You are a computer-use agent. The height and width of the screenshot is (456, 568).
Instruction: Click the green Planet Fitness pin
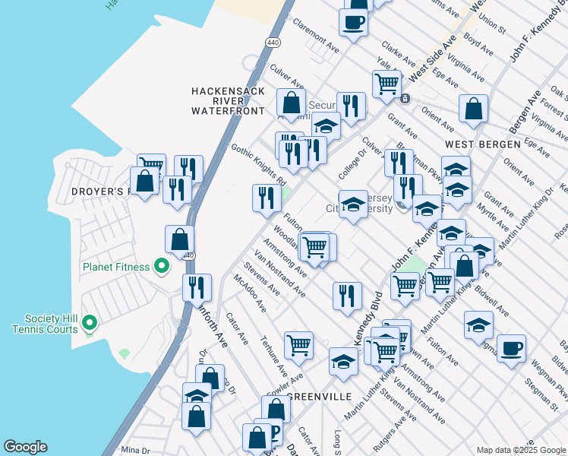161,266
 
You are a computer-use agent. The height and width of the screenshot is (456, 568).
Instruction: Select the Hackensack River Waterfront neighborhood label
228,100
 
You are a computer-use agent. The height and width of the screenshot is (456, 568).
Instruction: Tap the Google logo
25,447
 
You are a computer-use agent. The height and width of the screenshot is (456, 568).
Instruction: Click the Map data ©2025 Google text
521,450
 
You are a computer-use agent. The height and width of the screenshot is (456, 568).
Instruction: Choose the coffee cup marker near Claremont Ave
353,21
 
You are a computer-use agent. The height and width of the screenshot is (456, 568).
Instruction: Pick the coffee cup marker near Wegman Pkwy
511,348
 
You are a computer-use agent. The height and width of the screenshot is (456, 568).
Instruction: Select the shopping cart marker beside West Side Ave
387,82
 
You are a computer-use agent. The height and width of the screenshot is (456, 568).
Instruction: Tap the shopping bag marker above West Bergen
473,108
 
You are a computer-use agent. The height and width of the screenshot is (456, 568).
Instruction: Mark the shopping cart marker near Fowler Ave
299,344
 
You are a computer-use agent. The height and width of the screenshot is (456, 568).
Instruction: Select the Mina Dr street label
137,450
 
